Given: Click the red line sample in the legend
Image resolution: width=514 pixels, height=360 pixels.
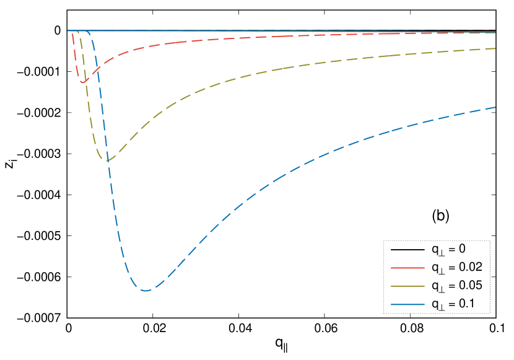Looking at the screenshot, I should pos(407,268).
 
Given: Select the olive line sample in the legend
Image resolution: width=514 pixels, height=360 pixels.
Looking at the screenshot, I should pos(407,286).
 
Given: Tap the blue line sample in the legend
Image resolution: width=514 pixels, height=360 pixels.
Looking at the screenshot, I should pos(407,305).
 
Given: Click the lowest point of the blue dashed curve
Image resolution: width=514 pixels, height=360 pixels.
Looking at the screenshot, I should pos(146,291).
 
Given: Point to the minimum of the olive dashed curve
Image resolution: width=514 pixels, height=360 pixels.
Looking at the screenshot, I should pos(108,161).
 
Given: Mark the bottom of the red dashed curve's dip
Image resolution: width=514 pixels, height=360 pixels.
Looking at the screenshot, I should pos(82,82).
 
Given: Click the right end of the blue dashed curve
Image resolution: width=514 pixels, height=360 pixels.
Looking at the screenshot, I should pos(495,107).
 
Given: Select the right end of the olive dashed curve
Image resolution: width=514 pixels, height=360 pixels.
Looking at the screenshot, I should pos(495,48).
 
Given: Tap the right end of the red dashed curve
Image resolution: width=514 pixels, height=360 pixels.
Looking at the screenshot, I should pos(495,32).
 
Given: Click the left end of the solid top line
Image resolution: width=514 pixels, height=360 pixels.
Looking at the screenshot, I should pos(68,30).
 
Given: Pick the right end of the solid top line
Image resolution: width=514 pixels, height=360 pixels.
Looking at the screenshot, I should pos(495,32).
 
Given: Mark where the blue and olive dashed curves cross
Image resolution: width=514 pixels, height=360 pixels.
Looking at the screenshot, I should pos(107,160).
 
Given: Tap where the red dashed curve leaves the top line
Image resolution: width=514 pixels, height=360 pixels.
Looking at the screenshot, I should pos(72,32).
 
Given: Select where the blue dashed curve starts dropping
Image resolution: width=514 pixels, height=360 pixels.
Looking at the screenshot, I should pos(89,32).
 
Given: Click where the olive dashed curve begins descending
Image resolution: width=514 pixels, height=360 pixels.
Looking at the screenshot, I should pos(79,32).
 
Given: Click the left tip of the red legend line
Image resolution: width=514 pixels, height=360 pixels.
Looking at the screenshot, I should pos(391,268).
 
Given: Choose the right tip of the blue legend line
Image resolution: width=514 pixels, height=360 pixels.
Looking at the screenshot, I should pos(424,305).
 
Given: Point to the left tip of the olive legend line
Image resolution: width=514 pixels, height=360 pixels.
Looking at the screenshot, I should pos(391,286).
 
